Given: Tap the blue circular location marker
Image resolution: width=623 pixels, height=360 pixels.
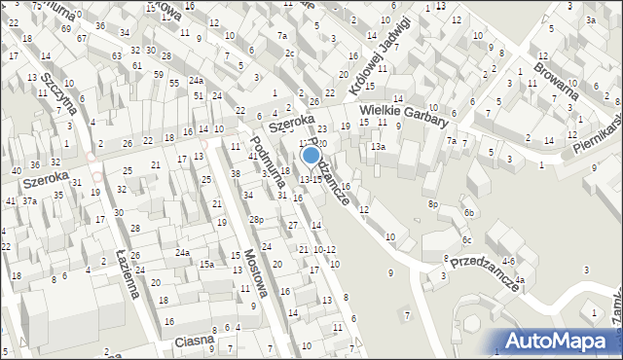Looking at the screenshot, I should (x=311, y=154).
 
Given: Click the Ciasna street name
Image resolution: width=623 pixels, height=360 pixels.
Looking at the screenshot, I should (x=194, y=342).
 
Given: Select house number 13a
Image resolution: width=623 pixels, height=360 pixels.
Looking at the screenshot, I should (x=378, y=147).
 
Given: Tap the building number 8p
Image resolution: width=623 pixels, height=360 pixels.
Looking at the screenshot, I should (x=433, y=204).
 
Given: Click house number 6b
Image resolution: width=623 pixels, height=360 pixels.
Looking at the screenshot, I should (x=469, y=212).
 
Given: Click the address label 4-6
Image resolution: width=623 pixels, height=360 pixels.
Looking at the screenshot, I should (x=508, y=262).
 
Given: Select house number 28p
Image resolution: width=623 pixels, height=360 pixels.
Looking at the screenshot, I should (x=255, y=220).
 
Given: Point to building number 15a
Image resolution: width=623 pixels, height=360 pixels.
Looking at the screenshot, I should (x=206, y=264).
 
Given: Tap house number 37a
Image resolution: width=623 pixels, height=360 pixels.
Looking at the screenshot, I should (x=29, y=200).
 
